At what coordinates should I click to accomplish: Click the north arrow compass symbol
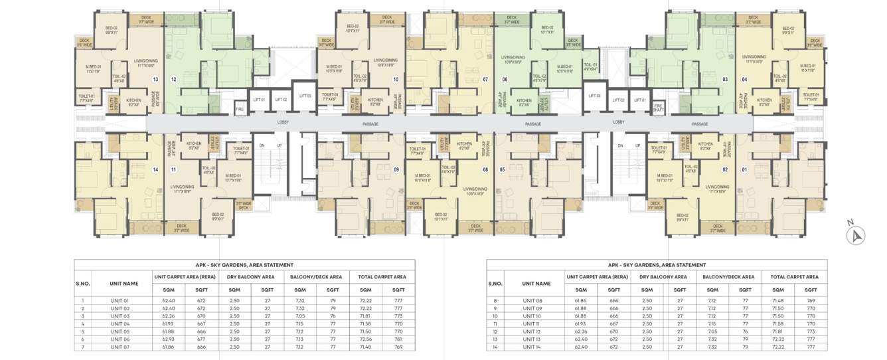856,234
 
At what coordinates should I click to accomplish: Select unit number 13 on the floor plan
155,79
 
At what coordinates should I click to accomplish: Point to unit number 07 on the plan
485,79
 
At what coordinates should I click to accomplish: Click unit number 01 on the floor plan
744,169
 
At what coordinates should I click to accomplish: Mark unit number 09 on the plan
396,169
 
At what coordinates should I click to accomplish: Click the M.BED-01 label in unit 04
807,68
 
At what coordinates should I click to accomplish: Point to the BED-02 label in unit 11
218,216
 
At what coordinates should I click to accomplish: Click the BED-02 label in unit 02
682,216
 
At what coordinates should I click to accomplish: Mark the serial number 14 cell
495,347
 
